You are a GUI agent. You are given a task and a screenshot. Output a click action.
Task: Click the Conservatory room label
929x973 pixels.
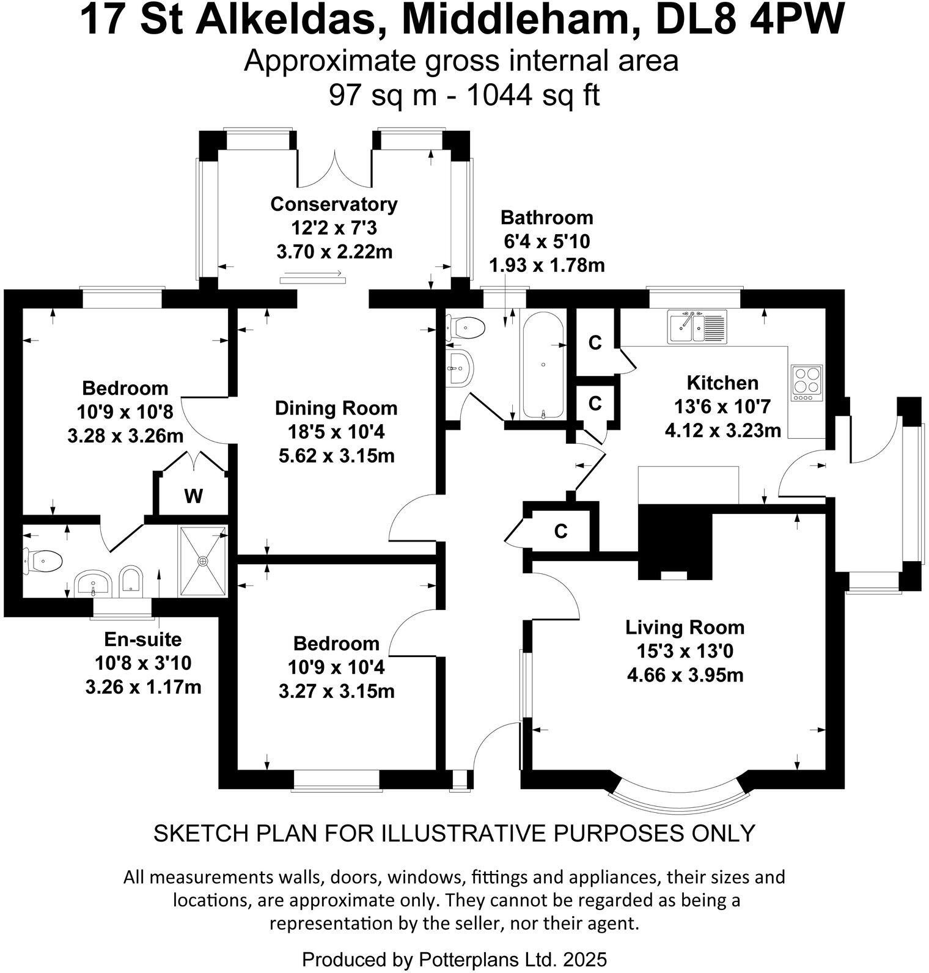tap(334, 204)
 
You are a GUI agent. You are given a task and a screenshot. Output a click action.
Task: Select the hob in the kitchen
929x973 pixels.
tap(807, 382)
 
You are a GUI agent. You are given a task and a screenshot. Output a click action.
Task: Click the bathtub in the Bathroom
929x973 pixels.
tap(543, 365)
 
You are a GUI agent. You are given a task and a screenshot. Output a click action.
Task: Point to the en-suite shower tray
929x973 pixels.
tap(203, 560)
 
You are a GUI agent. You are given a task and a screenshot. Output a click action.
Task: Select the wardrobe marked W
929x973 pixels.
tap(193, 496)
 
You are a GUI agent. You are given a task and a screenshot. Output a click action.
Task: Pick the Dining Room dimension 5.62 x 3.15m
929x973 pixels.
tap(336, 456)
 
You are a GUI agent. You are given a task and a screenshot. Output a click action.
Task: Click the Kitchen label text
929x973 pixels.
tap(722, 383)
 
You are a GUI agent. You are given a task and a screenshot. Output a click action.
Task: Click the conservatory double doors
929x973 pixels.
tap(334, 168)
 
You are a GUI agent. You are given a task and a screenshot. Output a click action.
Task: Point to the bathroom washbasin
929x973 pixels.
tap(460, 369)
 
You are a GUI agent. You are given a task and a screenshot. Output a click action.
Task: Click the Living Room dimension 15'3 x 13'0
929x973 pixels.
tap(685, 652)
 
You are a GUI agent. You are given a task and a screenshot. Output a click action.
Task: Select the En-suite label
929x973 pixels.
tap(143, 639)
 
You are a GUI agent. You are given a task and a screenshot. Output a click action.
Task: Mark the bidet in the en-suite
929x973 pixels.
tap(131, 580)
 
